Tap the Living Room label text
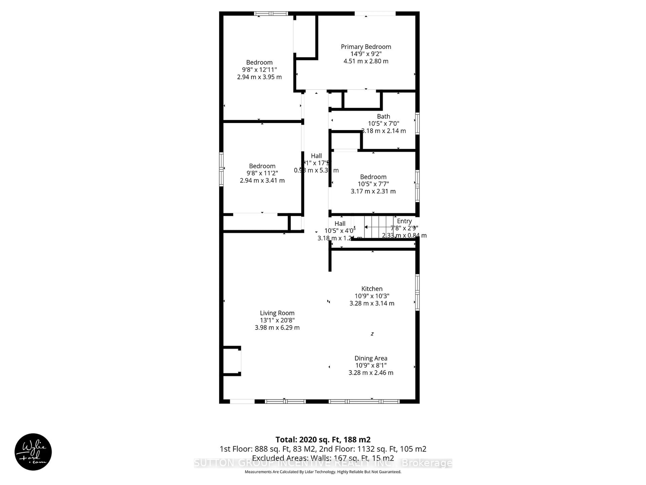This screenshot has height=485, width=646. (277, 313)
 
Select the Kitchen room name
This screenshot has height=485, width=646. (372, 288)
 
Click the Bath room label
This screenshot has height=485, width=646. (383, 116)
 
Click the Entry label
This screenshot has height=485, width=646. (404, 221)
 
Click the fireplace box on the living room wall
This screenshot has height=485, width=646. (232, 361)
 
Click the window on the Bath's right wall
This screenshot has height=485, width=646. (417, 123)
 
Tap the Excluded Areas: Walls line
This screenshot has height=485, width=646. (323, 458)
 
